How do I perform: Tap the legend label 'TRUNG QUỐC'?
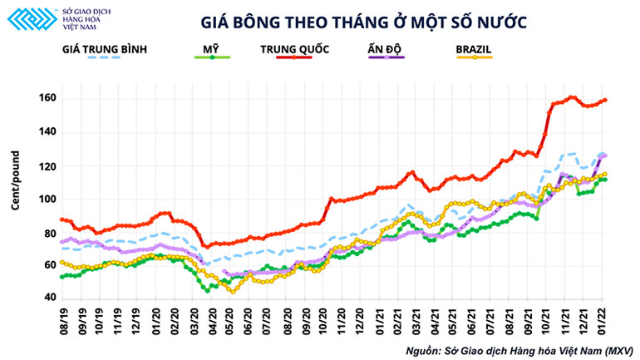pyautogui.click(x=295, y=48)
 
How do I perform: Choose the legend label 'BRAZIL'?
pyautogui.click(x=473, y=48)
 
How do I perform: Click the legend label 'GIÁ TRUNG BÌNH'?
pyautogui.click(x=105, y=48)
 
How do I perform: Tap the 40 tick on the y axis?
pyautogui.click(x=48, y=298)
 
